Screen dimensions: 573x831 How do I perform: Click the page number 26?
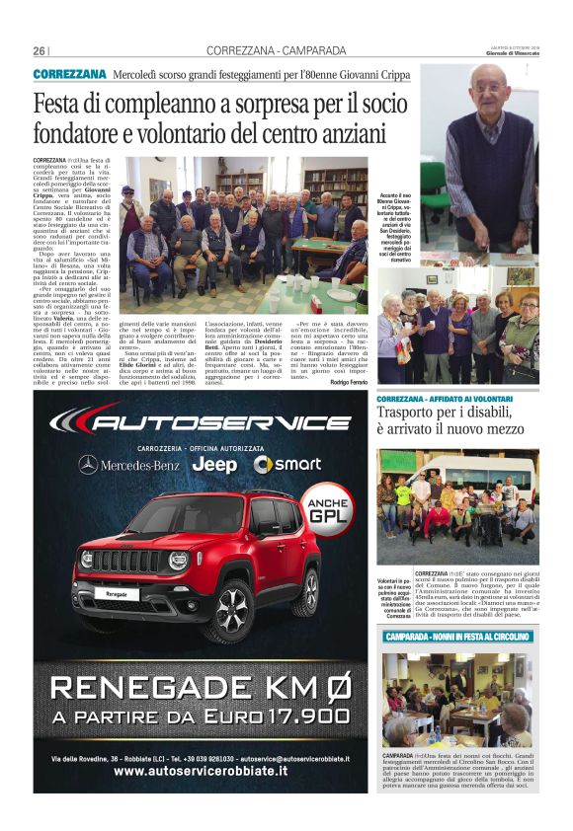(40, 50)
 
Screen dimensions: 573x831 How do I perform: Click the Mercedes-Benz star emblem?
(89, 464)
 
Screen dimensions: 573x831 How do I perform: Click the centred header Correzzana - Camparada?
(276, 51)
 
